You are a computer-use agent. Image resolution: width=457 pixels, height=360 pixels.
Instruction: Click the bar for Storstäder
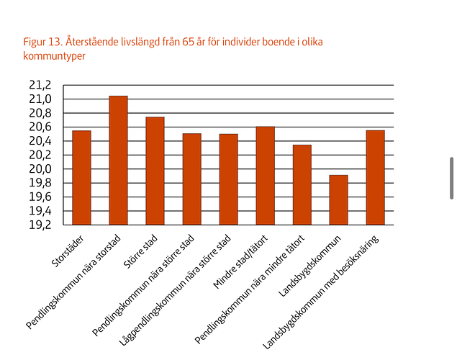click(81, 177)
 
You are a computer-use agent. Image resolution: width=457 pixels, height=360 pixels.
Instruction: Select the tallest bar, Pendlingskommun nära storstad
click(118, 160)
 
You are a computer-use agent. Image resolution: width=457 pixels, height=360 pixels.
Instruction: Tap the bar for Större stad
click(155, 171)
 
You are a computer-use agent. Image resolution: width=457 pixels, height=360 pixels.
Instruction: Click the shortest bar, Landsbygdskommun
click(338, 199)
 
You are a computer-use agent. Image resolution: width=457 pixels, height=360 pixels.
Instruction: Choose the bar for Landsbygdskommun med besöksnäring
click(375, 177)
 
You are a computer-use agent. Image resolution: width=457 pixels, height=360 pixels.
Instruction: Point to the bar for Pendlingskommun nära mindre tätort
click(302, 184)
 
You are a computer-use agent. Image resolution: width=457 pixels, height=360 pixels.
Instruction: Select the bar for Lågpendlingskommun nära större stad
click(228, 179)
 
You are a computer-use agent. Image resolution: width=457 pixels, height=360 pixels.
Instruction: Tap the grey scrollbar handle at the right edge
click(451, 177)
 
